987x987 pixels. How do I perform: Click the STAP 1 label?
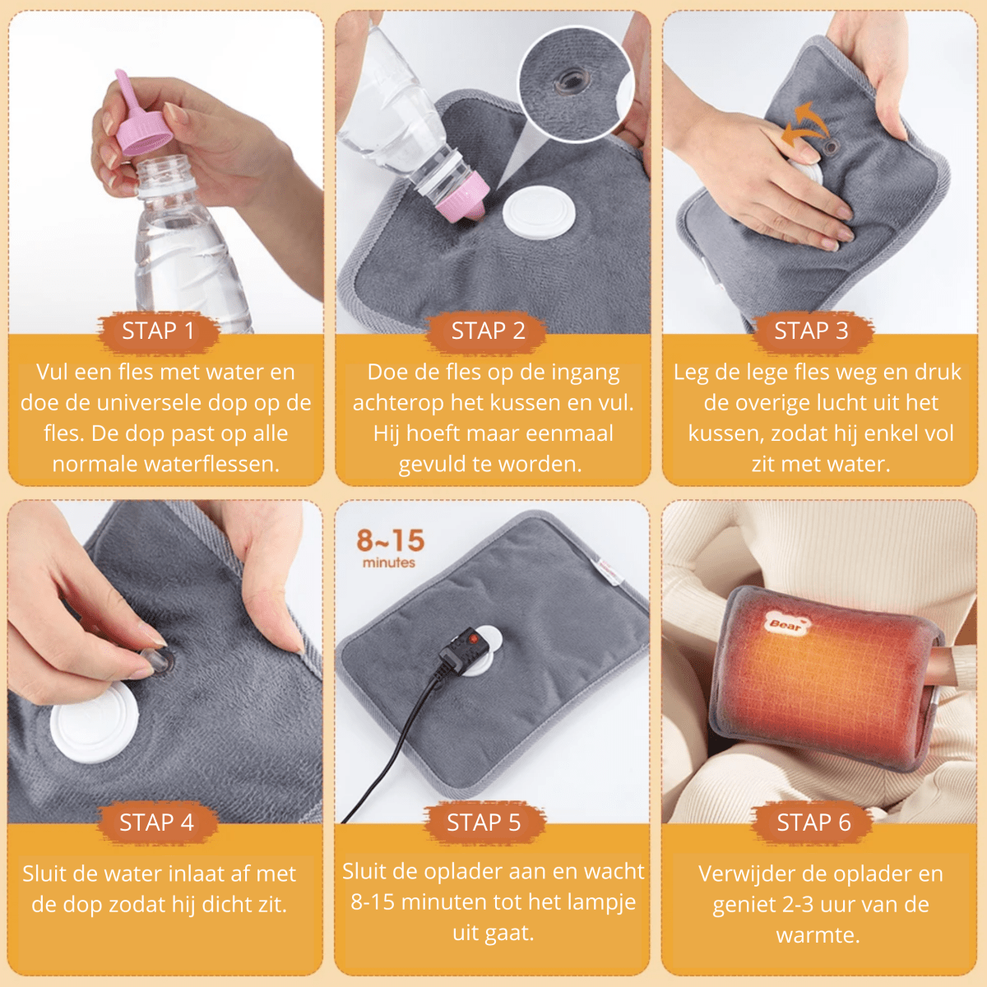(158, 331)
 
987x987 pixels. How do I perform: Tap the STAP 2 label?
(488, 331)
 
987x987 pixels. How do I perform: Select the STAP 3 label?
(811, 331)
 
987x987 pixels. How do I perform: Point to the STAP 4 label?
(157, 822)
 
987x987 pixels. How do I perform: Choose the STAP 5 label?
(484, 822)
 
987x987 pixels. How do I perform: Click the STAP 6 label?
(814, 822)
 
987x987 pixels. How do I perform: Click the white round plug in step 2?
(540, 212)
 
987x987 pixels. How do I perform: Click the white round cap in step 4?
(95, 721)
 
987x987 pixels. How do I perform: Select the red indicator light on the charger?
(473, 639)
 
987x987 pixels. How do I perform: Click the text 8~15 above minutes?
(391, 541)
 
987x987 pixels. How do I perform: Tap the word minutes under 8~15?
(389, 563)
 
